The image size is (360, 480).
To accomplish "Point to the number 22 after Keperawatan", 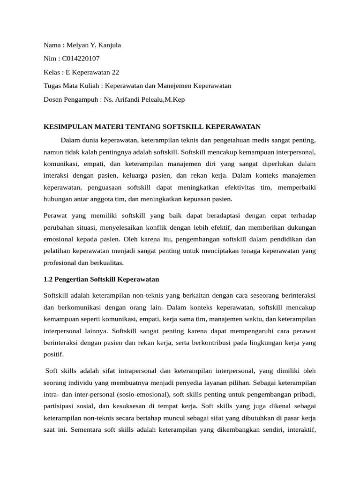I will [115, 72].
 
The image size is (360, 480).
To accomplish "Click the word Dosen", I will [53, 99].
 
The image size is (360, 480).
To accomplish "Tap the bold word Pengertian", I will [71, 279].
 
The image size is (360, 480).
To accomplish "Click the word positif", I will [52, 354].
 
